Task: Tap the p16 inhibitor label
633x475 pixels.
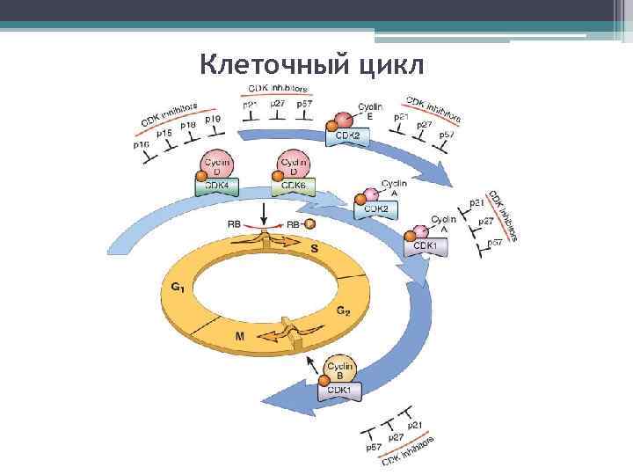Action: (142, 144)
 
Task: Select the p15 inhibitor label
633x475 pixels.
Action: (164, 133)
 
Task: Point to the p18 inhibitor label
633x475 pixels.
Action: (188, 126)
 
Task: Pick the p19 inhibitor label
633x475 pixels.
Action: (212, 119)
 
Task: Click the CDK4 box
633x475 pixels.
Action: (216, 186)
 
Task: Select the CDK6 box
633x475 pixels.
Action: (293, 186)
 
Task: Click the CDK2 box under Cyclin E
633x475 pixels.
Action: (349, 136)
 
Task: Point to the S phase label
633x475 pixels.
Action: (314, 249)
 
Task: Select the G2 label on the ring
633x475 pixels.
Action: (345, 310)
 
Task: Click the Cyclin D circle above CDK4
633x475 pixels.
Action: (217, 165)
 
